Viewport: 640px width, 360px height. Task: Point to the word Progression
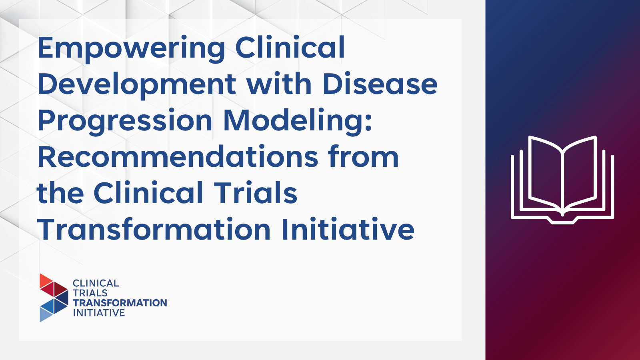[x=125, y=122]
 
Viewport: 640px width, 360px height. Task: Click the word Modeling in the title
[x=298, y=122]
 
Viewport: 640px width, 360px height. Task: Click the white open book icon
[x=562, y=180]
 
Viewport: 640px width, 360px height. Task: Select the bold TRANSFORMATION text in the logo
[x=120, y=303]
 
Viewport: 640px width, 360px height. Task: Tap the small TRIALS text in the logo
[x=90, y=293]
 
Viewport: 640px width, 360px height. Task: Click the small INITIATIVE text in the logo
[x=99, y=313]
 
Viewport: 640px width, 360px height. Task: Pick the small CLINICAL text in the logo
[x=96, y=283]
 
